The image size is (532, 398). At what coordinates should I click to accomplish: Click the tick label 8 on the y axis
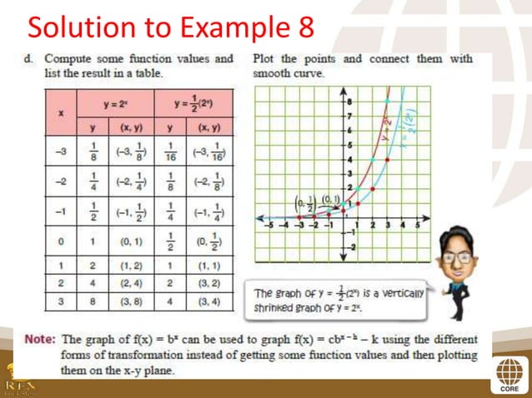[349, 99]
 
